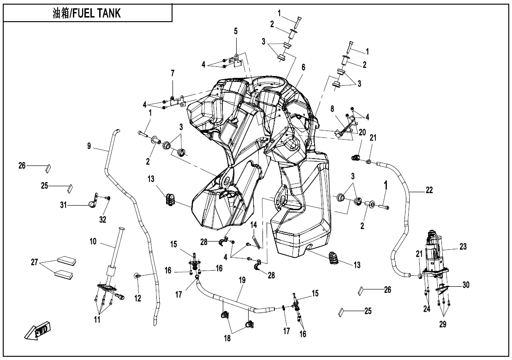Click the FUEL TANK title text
click(87, 13)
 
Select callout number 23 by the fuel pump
click(463, 247)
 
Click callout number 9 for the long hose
click(89, 146)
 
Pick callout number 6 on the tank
click(303, 67)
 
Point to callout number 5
click(236, 31)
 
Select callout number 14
click(253, 224)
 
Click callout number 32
click(102, 219)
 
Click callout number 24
click(427, 309)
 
